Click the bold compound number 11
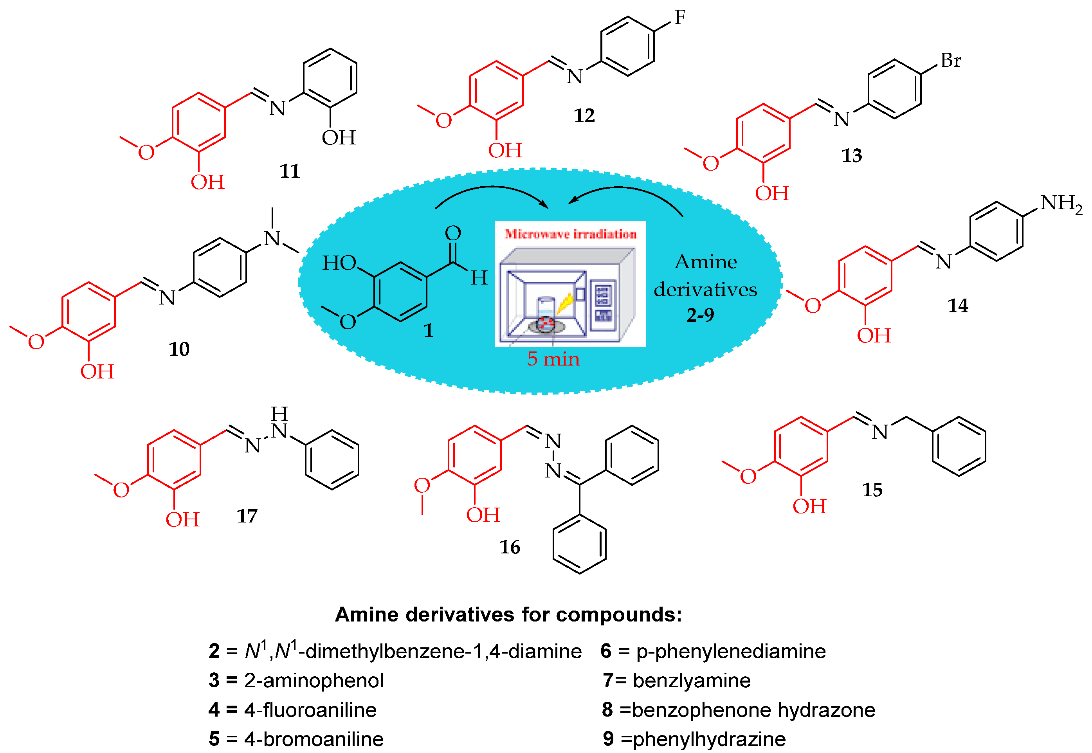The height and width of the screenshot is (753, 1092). point(290,171)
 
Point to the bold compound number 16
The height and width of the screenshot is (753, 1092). point(510,547)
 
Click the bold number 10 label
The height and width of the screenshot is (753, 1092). point(179,349)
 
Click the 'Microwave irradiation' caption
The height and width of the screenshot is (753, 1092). point(570,234)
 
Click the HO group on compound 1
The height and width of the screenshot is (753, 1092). point(339,263)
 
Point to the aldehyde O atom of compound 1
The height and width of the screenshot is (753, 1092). point(452,233)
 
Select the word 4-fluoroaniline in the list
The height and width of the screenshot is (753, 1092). point(310,710)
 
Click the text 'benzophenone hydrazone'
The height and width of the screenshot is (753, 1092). point(753,710)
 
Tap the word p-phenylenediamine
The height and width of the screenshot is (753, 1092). point(731,651)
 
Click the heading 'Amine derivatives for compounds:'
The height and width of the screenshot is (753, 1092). point(508,614)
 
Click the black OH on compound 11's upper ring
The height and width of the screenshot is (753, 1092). point(338,138)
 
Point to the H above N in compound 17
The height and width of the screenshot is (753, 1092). point(279,414)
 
